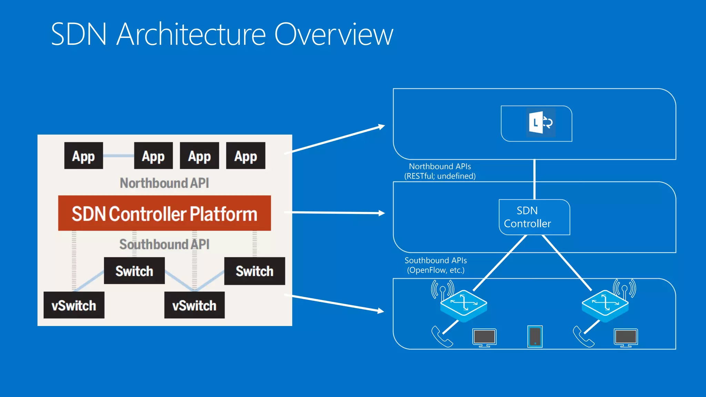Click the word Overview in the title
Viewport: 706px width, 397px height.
pyautogui.click(x=333, y=34)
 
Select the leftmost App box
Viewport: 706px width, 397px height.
pyautogui.click(x=83, y=156)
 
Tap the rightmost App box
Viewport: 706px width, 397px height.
pyautogui.click(x=245, y=156)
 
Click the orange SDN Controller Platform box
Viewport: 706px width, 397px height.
pyautogui.click(x=164, y=213)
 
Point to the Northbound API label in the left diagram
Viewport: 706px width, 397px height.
pyautogui.click(x=164, y=183)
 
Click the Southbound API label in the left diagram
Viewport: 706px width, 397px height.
pyautogui.click(x=164, y=244)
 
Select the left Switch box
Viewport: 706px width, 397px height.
pyautogui.click(x=134, y=271)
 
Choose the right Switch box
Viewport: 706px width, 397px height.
pyautogui.click(x=254, y=271)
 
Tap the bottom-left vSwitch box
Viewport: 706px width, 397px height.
pyautogui.click(x=74, y=305)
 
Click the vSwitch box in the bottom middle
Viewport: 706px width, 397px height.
pyautogui.click(x=194, y=305)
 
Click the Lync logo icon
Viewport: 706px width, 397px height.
pyautogui.click(x=540, y=123)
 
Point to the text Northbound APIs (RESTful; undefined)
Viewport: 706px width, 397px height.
pyautogui.click(x=440, y=171)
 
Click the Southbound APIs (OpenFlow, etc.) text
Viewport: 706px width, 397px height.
pyautogui.click(x=436, y=265)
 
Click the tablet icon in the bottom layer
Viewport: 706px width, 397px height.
pyautogui.click(x=535, y=336)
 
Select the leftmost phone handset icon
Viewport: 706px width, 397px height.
pyautogui.click(x=441, y=337)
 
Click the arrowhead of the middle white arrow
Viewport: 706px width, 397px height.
pyautogui.click(x=382, y=213)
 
